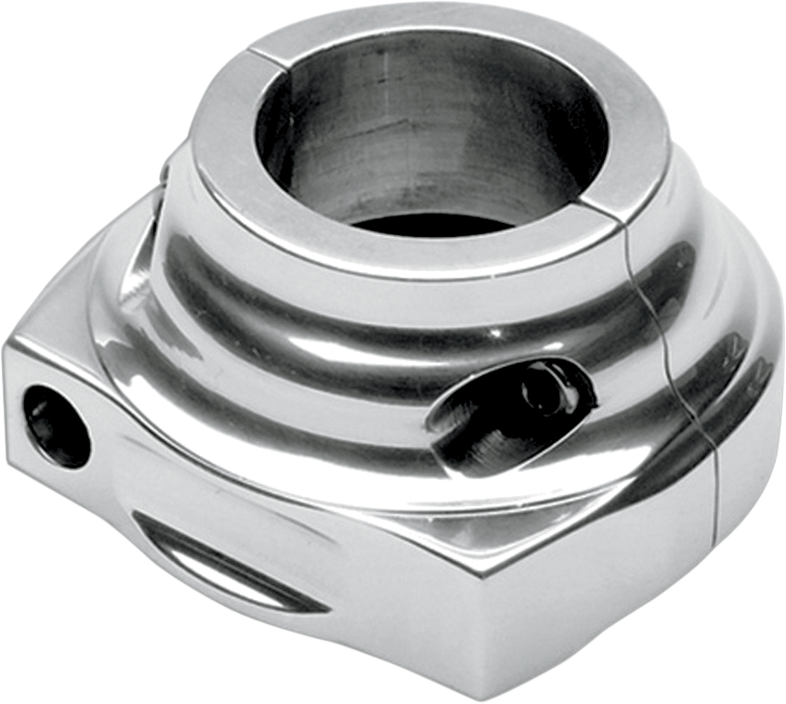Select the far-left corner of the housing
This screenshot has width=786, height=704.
[7, 348]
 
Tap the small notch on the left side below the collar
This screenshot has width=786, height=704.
[164, 172]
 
